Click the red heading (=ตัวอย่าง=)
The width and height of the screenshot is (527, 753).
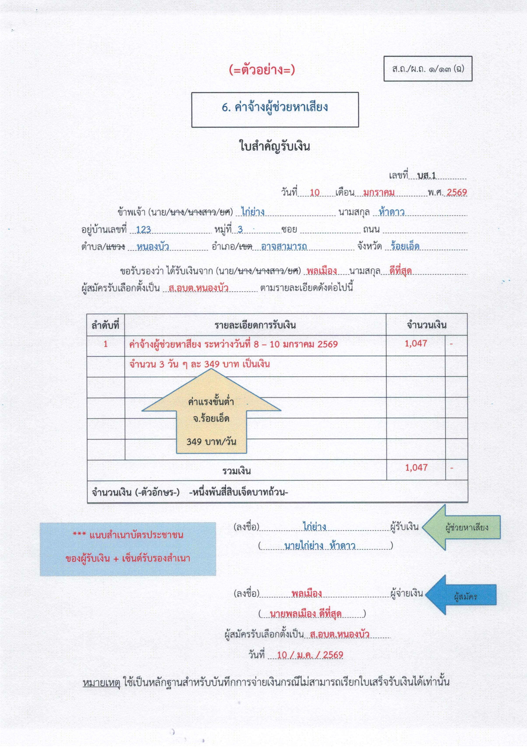[x=262, y=70]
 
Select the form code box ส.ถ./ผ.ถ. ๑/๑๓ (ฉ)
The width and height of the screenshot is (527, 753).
[x=428, y=69]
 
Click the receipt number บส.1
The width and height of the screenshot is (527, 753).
[x=427, y=176]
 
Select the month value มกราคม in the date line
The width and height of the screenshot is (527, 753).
[x=379, y=193]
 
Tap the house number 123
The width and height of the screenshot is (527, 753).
[x=144, y=229]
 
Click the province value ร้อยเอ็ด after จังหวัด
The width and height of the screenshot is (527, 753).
[x=405, y=246]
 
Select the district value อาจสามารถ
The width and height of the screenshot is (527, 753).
[x=284, y=246]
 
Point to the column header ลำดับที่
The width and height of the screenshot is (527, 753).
[x=105, y=325]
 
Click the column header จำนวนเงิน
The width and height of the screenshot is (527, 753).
[x=426, y=325]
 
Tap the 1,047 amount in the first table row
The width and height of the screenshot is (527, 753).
[x=416, y=344]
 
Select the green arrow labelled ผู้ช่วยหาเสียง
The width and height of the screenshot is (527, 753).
[x=465, y=527]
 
